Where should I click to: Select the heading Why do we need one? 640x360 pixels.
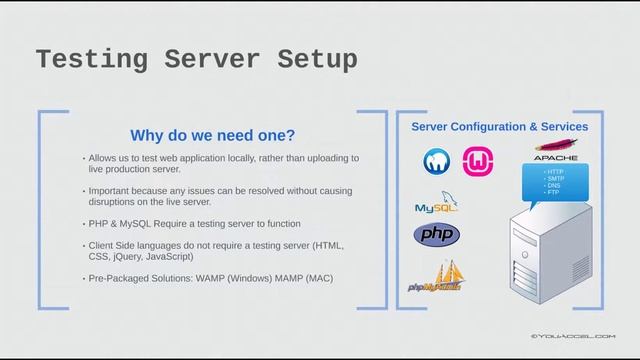coord(213,135)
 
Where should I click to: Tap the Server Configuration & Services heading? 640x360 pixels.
coord(500,127)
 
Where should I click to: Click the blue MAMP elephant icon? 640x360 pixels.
coord(437,160)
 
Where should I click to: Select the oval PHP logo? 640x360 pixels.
coord(437,235)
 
